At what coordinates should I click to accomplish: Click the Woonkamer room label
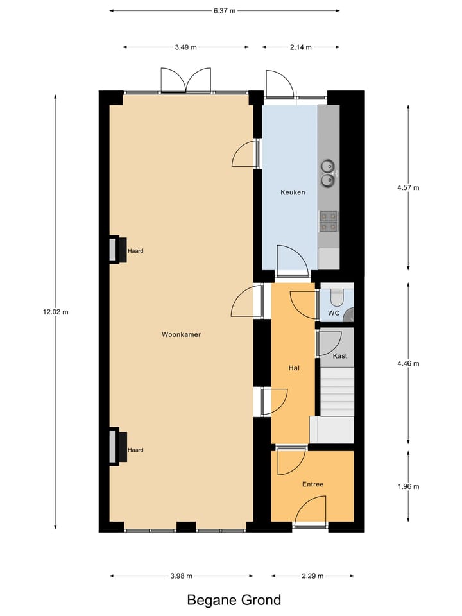(x=181, y=334)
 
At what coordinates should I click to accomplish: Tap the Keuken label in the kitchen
(x=293, y=193)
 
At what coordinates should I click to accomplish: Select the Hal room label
(x=293, y=368)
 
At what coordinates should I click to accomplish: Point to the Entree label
(x=312, y=484)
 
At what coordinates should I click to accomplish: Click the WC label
(x=334, y=313)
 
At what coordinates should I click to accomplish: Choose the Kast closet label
(x=340, y=355)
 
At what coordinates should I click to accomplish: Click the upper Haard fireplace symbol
(x=116, y=250)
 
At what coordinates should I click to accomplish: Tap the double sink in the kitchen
(x=328, y=173)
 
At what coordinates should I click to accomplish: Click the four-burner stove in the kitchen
(x=329, y=221)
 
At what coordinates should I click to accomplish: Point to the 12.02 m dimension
(x=55, y=312)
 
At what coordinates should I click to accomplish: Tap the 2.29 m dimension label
(x=312, y=576)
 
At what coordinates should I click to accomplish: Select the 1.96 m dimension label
(x=408, y=486)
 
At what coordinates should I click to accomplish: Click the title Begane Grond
(x=234, y=601)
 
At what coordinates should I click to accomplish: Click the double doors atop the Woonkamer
(x=185, y=80)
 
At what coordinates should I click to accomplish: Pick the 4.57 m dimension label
(x=408, y=188)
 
